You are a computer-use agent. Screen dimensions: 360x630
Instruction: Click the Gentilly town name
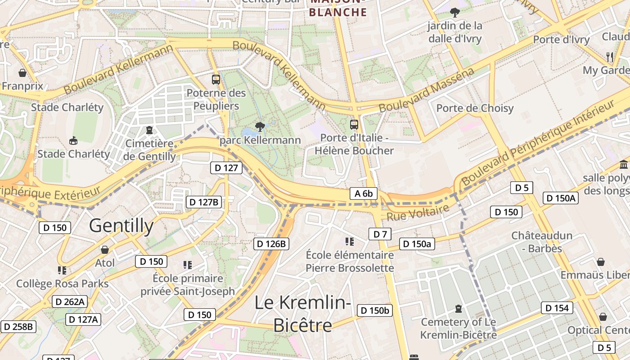tap(121, 225)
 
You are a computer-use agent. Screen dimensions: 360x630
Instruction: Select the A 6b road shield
tap(364, 193)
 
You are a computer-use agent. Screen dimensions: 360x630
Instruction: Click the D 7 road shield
tap(380, 234)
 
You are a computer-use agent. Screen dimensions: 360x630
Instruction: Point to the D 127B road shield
tap(204, 202)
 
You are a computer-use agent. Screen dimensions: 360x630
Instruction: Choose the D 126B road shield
tap(271, 244)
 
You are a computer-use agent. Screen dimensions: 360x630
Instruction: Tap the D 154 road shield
tap(557, 308)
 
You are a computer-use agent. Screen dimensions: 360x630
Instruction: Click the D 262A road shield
tap(69, 301)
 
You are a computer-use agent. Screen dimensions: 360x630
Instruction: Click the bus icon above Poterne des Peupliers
tap(216, 80)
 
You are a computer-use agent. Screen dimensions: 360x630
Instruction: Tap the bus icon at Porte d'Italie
tap(354, 125)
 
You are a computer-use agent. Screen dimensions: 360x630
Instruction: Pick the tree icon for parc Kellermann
tap(260, 126)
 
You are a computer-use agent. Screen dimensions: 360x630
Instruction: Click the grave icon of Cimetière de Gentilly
tap(149, 130)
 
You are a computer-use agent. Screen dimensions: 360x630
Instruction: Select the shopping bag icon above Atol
tap(105, 249)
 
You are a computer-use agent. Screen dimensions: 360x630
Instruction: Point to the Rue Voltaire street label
tap(418, 213)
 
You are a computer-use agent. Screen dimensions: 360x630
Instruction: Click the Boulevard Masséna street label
tap(426, 90)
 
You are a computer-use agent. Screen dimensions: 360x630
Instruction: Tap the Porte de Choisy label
tap(475, 108)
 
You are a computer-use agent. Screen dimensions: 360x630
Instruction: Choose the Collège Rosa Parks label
tap(62, 283)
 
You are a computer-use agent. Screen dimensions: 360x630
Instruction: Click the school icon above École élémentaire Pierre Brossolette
tap(350, 242)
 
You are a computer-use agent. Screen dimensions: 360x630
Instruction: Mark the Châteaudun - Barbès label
tap(542, 242)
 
